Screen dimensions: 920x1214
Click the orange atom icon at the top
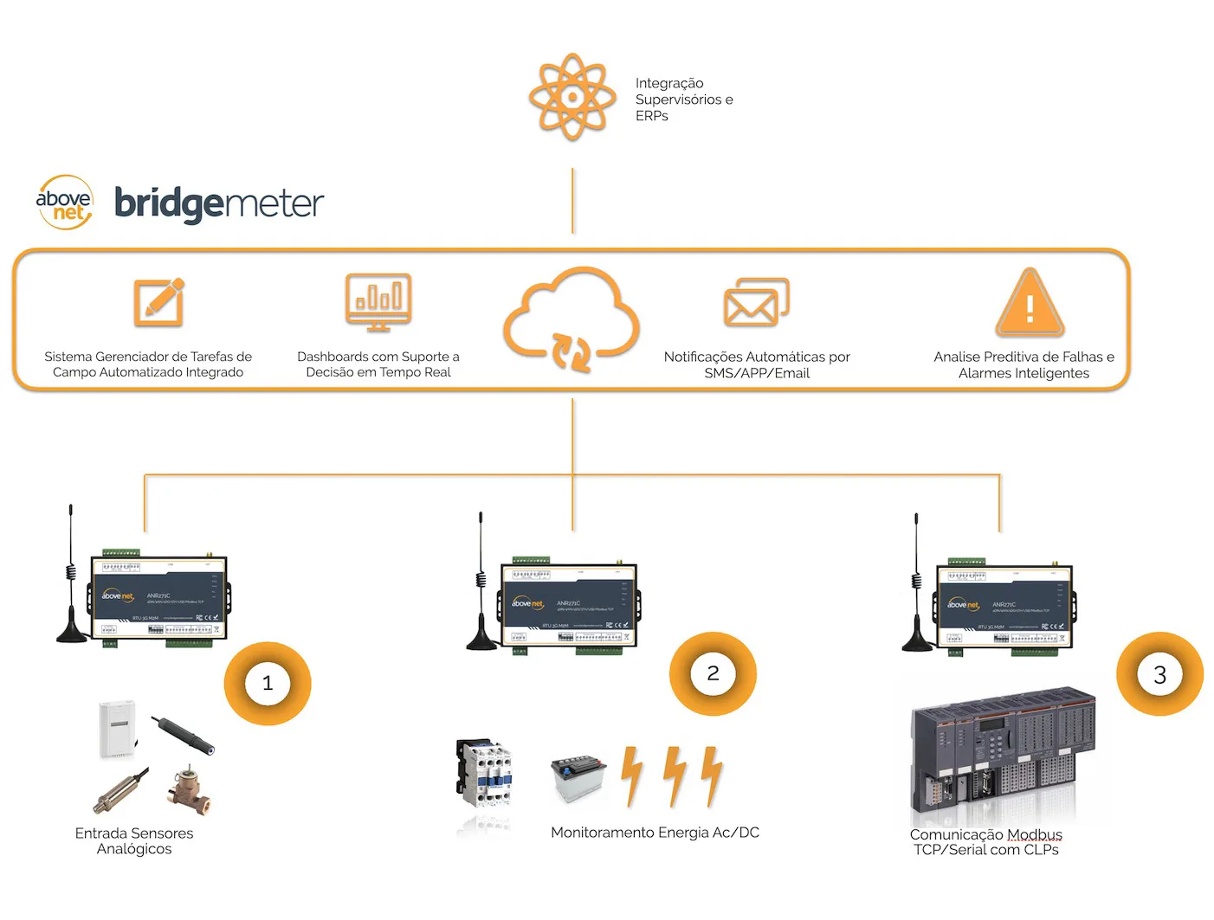click(571, 97)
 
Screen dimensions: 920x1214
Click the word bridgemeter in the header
click(219, 204)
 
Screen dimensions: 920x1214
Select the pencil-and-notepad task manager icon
click(158, 301)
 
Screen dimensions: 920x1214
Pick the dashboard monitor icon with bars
click(378, 302)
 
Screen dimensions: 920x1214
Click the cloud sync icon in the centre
click(571, 318)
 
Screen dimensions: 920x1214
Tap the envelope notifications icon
click(756, 302)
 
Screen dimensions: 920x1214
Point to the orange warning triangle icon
click(1030, 303)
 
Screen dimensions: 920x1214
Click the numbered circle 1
click(268, 684)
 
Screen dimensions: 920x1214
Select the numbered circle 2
click(713, 673)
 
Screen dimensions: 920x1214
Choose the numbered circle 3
click(1159, 675)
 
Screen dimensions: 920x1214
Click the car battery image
click(578, 777)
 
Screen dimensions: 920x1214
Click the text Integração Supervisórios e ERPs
click(683, 100)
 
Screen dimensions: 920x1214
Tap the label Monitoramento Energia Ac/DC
click(655, 833)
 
